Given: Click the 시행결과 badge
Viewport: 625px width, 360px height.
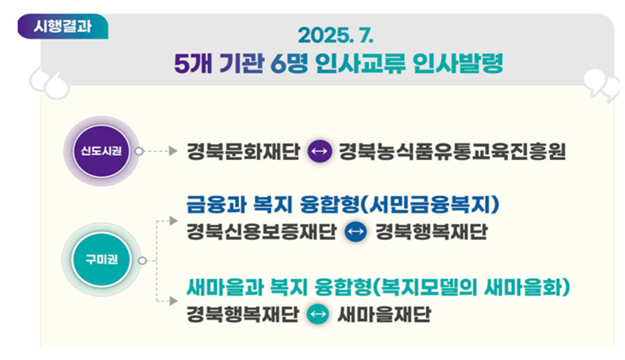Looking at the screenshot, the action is click(62, 26).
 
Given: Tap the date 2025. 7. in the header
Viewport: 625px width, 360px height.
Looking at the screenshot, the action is click(335, 35).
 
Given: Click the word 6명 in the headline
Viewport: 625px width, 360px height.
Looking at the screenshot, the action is click(289, 63).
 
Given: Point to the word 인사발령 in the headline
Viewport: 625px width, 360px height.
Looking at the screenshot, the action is click(458, 63).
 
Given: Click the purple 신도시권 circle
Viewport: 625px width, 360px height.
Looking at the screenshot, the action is click(102, 151).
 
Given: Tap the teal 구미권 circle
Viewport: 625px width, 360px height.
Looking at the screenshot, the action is click(102, 260).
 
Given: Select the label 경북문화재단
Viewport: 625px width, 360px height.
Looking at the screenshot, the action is click(243, 151).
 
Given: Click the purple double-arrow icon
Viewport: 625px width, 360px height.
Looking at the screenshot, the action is click(319, 151).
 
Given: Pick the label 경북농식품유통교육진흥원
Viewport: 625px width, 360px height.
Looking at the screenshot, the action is click(452, 151).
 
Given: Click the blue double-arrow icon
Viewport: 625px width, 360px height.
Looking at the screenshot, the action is click(355, 231).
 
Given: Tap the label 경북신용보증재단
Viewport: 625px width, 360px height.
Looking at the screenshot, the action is click(262, 232).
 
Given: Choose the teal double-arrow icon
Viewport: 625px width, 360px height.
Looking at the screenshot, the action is click(318, 314).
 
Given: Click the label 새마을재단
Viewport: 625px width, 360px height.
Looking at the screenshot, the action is click(384, 314).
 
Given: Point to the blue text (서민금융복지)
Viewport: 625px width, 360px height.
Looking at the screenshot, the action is click(430, 205).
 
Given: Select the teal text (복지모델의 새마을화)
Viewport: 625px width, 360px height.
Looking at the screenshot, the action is click(471, 287).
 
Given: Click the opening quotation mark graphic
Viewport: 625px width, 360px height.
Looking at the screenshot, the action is click(50, 83).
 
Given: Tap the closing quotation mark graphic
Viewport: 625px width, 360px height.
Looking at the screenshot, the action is click(602, 85).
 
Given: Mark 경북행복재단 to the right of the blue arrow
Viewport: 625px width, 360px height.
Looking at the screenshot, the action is click(431, 232).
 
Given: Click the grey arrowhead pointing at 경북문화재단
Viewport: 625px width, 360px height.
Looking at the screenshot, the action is click(173, 151).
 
